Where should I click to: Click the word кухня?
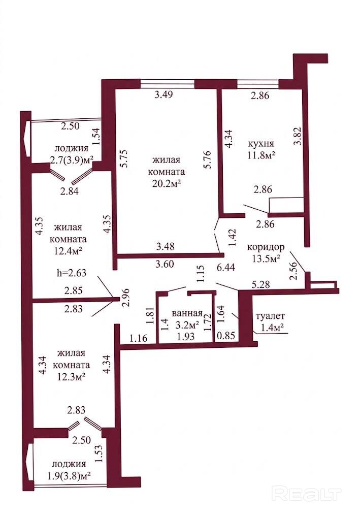click(261, 144)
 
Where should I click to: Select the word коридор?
click(266, 247)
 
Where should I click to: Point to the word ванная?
click(187, 313)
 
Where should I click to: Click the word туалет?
click(271, 316)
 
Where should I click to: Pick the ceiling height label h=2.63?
click(72, 273)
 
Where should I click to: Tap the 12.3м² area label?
click(71, 376)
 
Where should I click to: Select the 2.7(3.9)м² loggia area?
click(72, 160)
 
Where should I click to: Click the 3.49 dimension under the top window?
click(164, 94)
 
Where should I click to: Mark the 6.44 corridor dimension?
click(226, 267)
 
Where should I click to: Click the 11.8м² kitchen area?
click(262, 155)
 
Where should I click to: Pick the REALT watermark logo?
click(307, 494)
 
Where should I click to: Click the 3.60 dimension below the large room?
click(165, 264)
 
